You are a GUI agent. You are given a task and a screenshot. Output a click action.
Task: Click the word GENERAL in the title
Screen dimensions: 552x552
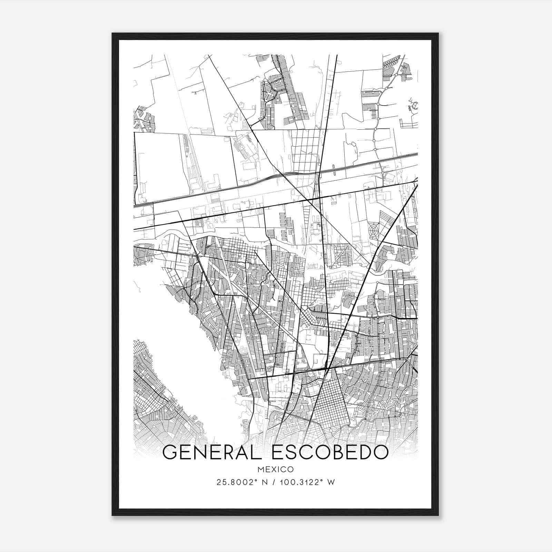pos(214,453)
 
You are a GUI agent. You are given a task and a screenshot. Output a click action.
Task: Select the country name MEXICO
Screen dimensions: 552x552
pos(275,469)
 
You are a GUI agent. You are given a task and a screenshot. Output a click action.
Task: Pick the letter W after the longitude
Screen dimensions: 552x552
pos(331,482)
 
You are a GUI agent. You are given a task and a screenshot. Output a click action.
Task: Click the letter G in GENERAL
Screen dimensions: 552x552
pos(170,453)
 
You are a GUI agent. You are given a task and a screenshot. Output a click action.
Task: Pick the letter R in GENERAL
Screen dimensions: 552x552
pos(226,453)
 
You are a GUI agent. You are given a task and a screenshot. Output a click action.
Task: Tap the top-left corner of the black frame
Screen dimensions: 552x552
pos(112,33)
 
